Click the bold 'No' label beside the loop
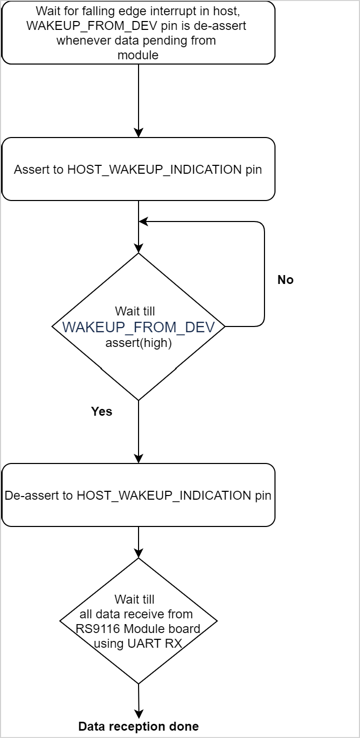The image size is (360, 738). [285, 280]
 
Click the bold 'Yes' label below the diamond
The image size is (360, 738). [102, 411]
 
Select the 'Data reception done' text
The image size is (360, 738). [139, 726]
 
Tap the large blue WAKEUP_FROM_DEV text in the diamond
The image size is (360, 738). [139, 328]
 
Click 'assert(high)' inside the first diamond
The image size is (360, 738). [139, 344]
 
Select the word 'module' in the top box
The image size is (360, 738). [139, 55]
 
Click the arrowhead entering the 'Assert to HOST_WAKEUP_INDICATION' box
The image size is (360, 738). [139, 133]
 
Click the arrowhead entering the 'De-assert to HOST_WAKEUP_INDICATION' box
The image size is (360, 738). [139, 458]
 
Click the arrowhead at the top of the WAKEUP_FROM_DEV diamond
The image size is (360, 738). [139, 248]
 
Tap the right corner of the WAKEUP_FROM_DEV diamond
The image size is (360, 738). [224, 326]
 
